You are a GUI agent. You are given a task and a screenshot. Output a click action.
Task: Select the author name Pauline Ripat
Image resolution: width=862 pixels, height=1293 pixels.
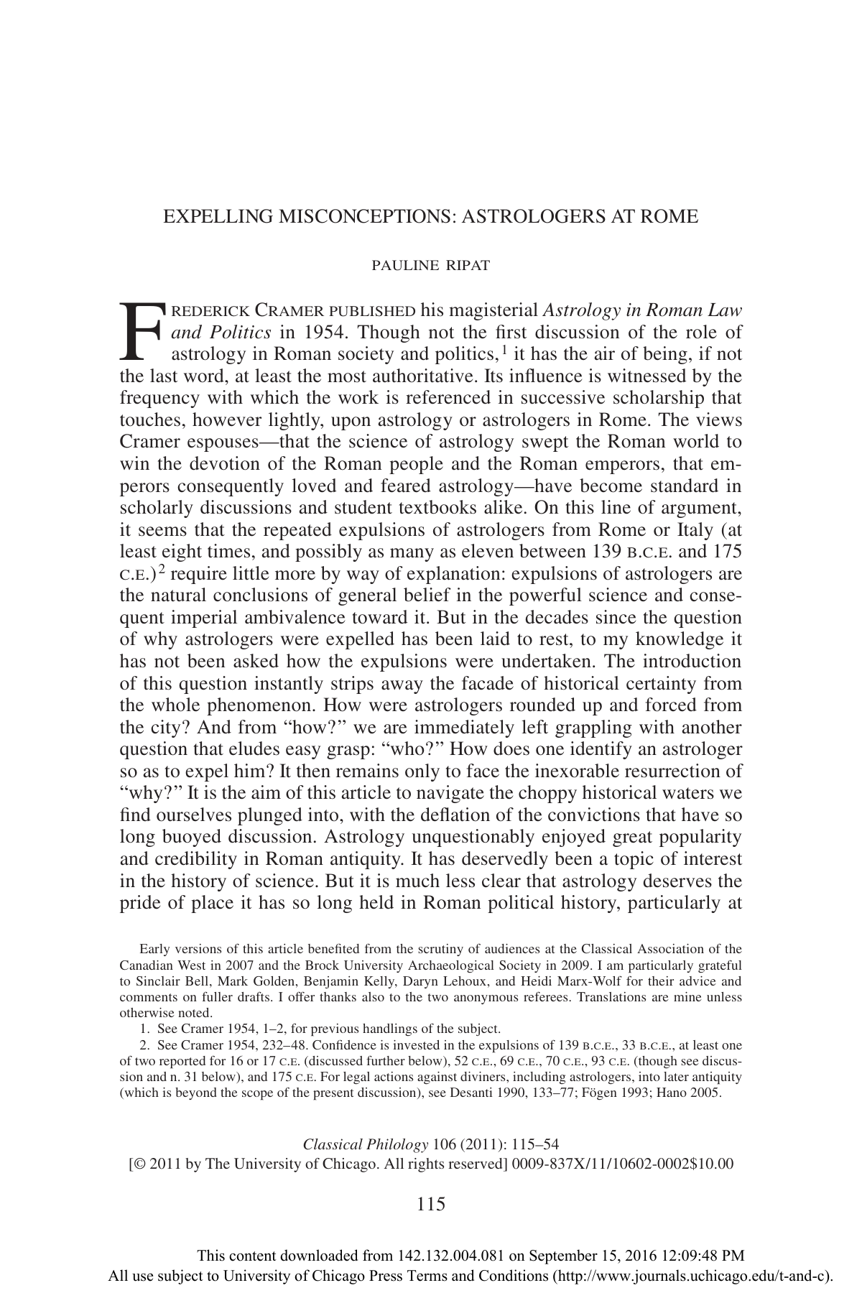tap(430, 266)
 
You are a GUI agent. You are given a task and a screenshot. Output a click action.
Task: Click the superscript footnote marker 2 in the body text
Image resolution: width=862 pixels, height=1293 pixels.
tap(163, 570)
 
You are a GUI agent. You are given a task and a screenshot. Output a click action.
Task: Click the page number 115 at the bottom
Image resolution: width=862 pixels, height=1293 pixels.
tap(431, 1205)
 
